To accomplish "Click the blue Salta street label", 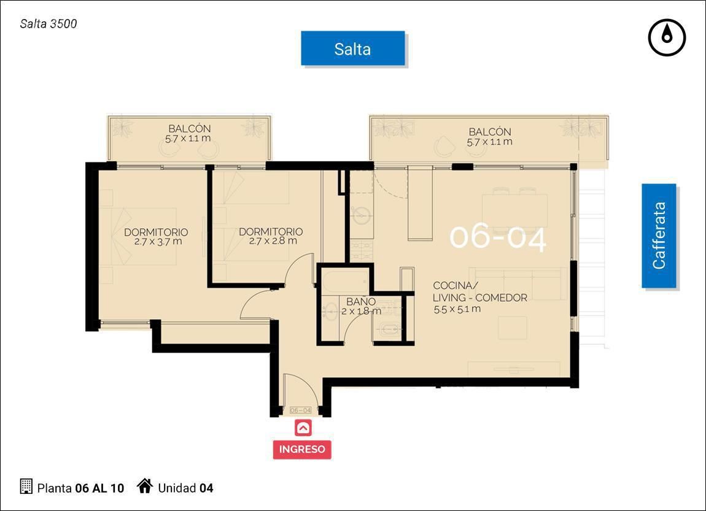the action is [353, 48].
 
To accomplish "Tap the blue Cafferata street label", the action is [659, 236].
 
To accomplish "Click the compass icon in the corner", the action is [667, 37].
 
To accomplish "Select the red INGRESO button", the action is [301, 449].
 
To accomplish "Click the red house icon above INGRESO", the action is [303, 428].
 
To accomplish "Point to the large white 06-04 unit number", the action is [498, 237].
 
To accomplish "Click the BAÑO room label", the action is [360, 301].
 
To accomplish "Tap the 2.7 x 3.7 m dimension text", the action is [158, 242].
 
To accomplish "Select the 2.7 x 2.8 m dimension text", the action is [273, 240].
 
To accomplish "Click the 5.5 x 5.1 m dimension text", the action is [457, 309].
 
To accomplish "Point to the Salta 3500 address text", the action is [48, 24].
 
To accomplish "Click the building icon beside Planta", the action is [26, 486].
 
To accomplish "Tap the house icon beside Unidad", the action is [145, 486].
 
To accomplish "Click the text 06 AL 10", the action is [99, 488].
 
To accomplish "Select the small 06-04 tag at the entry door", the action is [300, 410].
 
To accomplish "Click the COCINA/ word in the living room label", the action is [455, 286].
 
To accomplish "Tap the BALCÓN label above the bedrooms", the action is [189, 129].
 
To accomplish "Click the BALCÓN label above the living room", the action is [489, 132].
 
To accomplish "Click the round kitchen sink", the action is [361, 215].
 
